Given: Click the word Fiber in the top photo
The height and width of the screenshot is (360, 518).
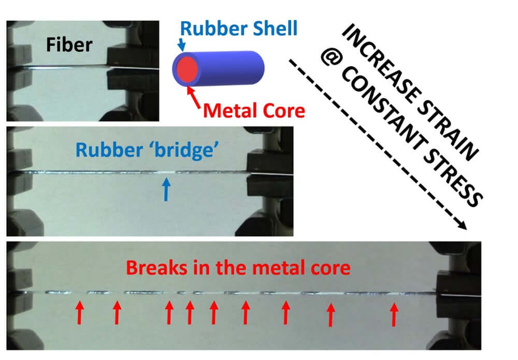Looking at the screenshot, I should pyautogui.click(x=69, y=45).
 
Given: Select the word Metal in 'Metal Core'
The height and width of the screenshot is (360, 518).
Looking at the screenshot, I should pyautogui.click(x=227, y=110).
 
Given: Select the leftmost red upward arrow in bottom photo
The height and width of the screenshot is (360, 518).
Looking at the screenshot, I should pyautogui.click(x=79, y=313).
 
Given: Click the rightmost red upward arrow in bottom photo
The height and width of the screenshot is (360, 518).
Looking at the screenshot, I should pyautogui.click(x=394, y=314).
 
